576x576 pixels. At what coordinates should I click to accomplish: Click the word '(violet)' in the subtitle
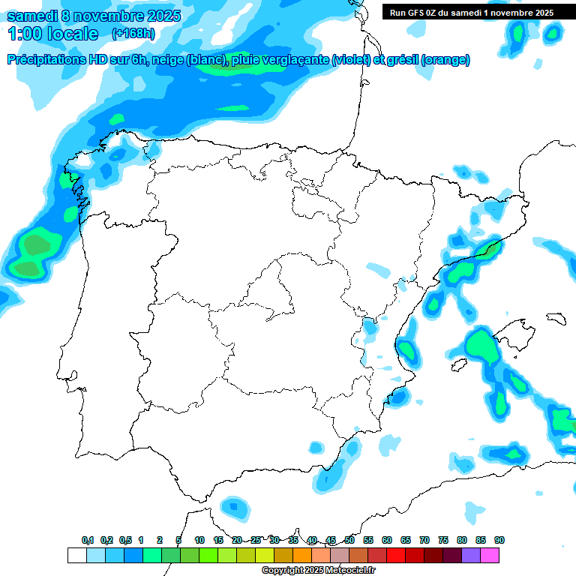click(352, 60)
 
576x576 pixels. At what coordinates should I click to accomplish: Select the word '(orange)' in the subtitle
click(446, 60)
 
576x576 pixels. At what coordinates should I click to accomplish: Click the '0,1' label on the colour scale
click(88, 540)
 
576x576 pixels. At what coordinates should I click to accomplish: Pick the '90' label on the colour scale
click(499, 540)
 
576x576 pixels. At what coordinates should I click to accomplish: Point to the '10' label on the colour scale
click(199, 540)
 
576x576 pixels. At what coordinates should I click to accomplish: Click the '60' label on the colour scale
click(387, 540)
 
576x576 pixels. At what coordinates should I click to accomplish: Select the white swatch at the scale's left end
click(76, 555)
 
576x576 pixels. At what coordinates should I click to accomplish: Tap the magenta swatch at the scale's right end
click(490, 555)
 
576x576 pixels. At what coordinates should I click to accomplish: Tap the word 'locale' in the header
click(73, 34)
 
